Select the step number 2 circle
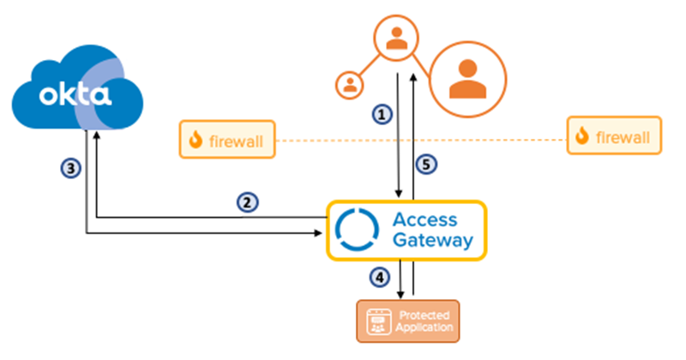tap(246, 202)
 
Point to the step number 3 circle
tap(73, 168)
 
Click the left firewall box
tap(226, 139)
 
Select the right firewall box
tap(614, 135)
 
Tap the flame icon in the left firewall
tap(196, 139)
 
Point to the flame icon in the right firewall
tap(583, 135)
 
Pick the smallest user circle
tap(350, 84)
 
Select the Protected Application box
tap(407, 321)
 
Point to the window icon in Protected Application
tap(377, 321)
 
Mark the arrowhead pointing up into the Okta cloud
tap(97, 134)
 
